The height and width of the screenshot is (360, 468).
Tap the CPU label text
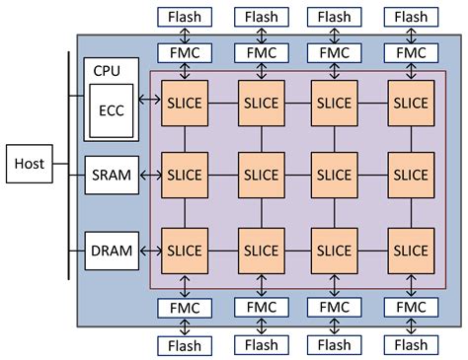coord(106,71)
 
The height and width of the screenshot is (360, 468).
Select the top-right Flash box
coord(412,17)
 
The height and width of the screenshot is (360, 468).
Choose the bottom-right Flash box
coord(412,345)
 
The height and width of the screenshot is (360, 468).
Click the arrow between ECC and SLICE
coord(151,101)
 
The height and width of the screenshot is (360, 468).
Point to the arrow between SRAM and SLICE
coord(151,174)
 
